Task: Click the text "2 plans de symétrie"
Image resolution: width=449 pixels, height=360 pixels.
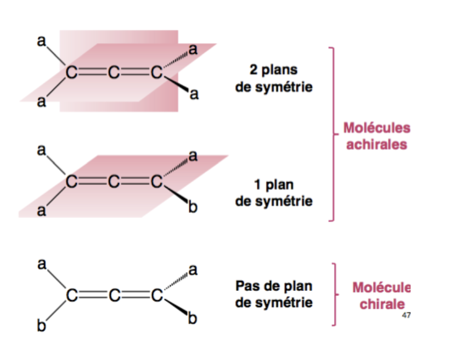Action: (x=274, y=78)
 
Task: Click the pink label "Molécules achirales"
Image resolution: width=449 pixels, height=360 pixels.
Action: (x=377, y=136)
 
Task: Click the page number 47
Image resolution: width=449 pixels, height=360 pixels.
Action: (x=406, y=315)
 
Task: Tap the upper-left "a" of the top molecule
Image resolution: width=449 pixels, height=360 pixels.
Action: (x=41, y=40)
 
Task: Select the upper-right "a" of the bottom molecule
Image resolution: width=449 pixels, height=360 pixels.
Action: (x=193, y=270)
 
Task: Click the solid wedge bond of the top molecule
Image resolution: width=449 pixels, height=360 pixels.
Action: (x=176, y=85)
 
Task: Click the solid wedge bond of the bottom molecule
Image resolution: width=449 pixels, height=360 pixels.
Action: (x=176, y=308)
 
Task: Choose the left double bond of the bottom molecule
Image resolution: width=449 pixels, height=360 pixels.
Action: (x=92, y=295)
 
